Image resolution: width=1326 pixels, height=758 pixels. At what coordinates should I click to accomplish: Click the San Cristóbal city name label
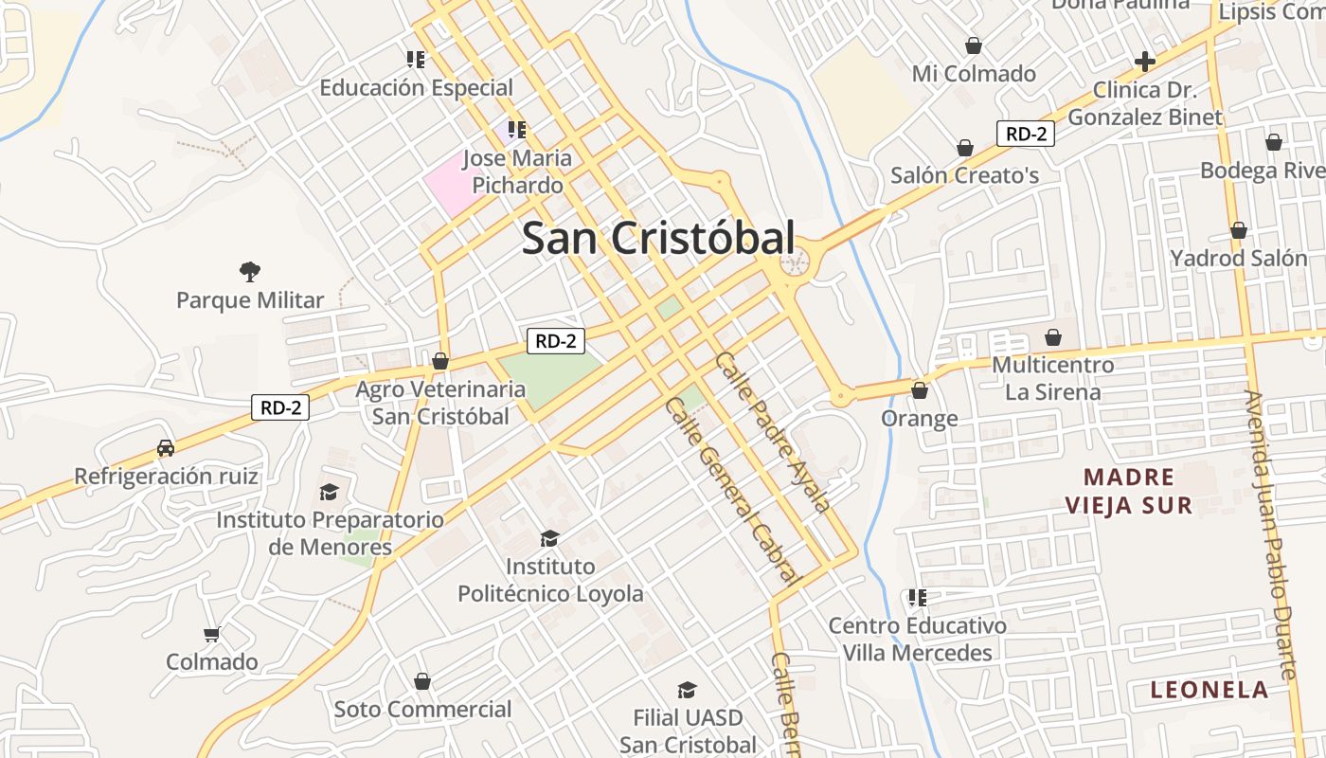658,239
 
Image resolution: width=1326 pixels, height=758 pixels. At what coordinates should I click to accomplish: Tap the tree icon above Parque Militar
250,273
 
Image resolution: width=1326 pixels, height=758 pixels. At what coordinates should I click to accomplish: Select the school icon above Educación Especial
415,60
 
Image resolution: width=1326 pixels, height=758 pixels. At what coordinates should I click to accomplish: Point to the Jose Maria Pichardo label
517,171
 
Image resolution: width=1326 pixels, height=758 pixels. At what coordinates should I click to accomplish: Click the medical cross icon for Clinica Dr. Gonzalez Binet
1145,62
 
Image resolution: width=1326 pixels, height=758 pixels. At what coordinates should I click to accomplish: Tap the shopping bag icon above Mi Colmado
973,45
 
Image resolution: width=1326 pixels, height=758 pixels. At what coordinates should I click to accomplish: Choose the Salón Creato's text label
964,175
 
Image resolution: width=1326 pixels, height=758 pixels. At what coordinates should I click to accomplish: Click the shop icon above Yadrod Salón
1238,230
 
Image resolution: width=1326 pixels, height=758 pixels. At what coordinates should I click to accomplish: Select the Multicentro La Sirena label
1052,378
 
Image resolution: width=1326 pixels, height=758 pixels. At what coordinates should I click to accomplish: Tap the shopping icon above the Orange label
919,389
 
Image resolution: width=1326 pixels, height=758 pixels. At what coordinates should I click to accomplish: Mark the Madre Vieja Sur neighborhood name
1129,491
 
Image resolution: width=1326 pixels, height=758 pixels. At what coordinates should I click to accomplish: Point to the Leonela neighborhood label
1209,690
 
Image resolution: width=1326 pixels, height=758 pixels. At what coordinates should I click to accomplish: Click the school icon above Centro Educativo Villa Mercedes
917,598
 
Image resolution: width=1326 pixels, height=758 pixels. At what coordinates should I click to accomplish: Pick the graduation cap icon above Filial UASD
687,690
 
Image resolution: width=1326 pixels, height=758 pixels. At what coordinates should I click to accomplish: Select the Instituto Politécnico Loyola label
550,580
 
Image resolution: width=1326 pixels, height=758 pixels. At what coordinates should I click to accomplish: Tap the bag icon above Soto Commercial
422,681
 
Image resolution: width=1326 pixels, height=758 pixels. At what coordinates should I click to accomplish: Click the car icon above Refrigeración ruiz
166,447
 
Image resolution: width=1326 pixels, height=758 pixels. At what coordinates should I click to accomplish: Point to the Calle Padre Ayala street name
773,432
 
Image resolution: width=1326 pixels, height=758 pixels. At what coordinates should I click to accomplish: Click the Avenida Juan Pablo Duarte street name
1270,535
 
